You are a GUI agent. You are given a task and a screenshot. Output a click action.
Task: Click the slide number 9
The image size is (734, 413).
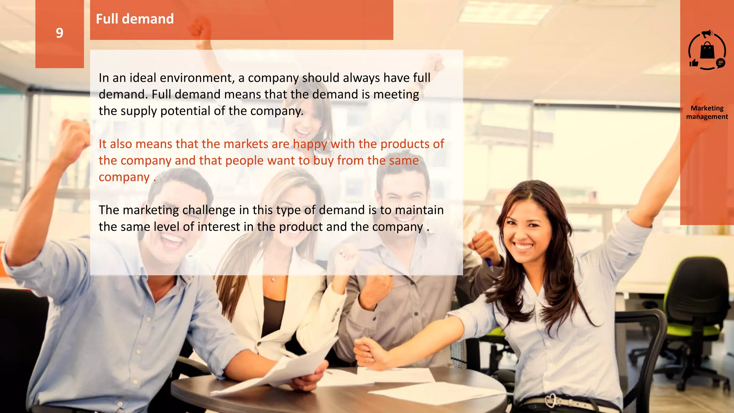(59, 33)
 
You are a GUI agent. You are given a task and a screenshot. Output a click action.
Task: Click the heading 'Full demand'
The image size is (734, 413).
(135, 19)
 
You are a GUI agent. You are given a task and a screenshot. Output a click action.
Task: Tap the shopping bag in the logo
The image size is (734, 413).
(707, 51)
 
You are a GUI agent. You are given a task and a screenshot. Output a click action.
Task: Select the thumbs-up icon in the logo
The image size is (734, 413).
(694, 63)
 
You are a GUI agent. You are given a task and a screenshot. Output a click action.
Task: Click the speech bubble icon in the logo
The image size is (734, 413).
(720, 63)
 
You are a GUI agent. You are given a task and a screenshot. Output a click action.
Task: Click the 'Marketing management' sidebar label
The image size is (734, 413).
(707, 112)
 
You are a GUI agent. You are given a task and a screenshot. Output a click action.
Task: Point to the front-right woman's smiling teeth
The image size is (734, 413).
(524, 247)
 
